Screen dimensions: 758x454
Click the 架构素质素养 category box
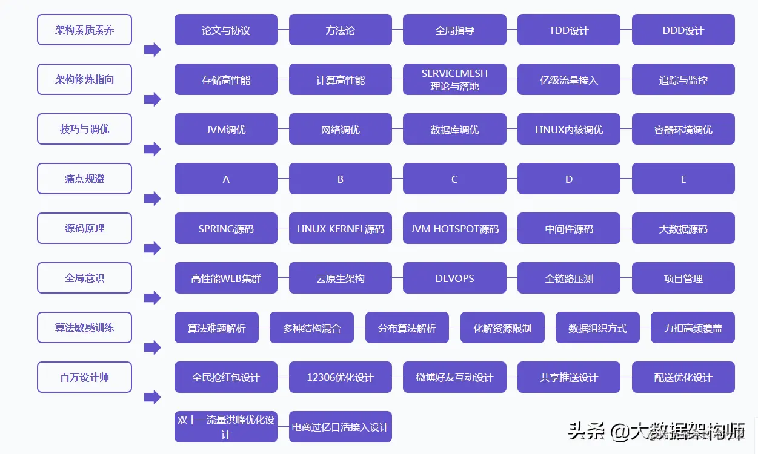84,30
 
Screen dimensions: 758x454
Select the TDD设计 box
568,30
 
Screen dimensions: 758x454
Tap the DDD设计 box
683,30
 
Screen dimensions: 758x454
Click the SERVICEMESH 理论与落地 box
454,80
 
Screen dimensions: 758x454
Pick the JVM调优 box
226,130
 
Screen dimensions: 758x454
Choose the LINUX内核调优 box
568,130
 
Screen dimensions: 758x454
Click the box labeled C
454,179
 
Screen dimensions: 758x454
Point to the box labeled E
683,179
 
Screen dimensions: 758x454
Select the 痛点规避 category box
84,179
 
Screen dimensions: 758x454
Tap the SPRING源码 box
226,229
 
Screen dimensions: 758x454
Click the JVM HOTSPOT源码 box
454,229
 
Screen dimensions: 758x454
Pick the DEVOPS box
454,278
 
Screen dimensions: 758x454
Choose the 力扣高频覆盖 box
693,328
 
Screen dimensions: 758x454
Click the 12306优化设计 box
340,378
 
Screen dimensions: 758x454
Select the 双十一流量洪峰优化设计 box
226,427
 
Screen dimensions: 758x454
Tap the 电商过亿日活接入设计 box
340,427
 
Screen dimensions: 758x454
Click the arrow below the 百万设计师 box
152,397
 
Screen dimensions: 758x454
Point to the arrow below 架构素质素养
152,50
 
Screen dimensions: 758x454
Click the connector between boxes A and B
283,179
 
